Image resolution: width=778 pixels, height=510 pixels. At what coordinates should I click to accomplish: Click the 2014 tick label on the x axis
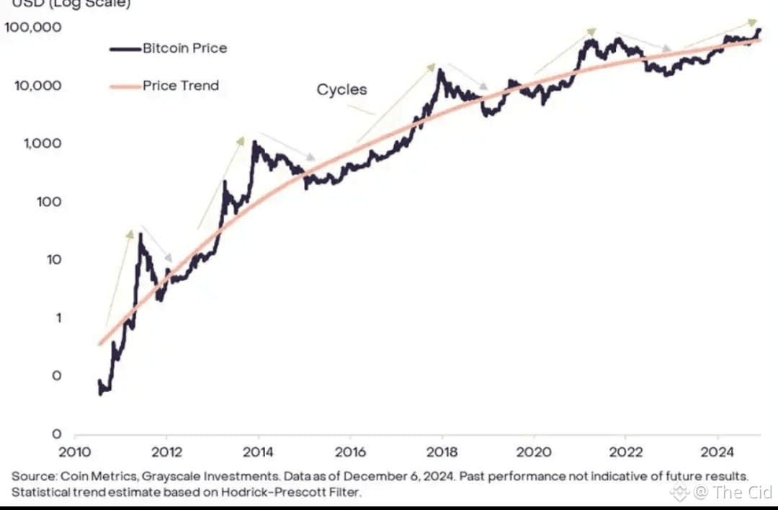pos(258,452)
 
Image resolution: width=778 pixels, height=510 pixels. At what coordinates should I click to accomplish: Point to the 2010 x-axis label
pos(74,452)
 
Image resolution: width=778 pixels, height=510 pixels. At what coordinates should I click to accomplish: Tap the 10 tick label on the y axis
pos(54,260)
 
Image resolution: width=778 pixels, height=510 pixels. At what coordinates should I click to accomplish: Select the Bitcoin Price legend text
pos(184,48)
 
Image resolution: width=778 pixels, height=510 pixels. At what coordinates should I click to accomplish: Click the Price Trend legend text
pos(181,86)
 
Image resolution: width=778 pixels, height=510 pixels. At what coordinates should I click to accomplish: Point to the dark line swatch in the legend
pos(124,49)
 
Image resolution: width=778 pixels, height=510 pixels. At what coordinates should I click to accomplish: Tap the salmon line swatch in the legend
pos(124,86)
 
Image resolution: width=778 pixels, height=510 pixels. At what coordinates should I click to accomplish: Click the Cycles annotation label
pos(341,90)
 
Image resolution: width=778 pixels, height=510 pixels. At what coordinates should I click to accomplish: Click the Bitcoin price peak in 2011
pos(140,235)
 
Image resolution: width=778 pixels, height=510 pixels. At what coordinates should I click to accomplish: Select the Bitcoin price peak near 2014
pos(254,143)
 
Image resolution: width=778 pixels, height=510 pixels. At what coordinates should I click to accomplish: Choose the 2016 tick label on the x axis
pos(350,452)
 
